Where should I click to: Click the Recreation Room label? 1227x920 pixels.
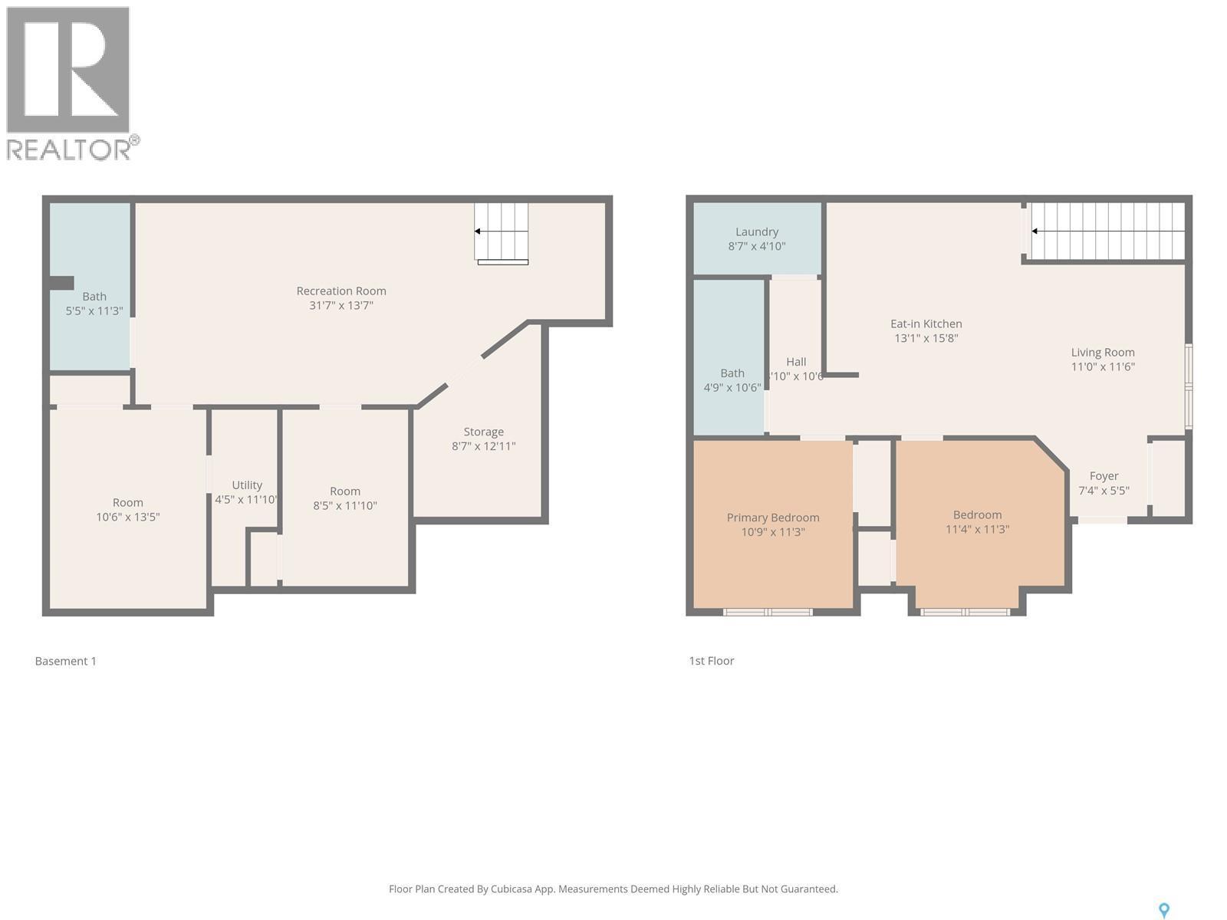341,291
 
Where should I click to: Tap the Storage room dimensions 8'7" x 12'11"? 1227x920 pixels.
483,446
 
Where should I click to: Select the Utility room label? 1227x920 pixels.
247,485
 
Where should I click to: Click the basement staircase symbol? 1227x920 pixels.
502,232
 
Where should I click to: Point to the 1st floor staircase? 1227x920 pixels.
1106,232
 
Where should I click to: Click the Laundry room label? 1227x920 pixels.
756,232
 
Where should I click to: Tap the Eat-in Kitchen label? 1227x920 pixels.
926,324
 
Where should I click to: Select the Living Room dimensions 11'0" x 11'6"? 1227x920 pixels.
1103,366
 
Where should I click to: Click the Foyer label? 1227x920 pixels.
1104,475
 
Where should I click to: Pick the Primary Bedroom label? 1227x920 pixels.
773,517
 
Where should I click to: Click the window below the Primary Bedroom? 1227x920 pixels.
768,612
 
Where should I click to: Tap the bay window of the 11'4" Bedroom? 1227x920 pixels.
965,612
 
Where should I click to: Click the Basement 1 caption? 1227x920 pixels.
66,661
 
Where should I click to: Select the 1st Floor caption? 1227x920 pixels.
711,661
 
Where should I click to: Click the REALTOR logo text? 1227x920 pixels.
69,149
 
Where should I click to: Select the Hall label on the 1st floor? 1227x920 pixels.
796,362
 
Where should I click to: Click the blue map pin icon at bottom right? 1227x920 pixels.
1163,910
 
